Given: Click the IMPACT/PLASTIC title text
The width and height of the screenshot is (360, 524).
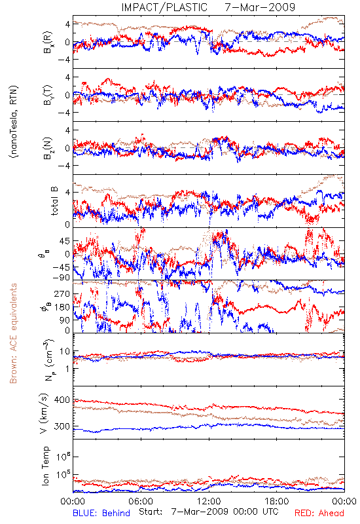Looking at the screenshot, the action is (x=164, y=7).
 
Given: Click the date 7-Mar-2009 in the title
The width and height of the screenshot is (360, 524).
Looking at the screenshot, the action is (x=260, y=7).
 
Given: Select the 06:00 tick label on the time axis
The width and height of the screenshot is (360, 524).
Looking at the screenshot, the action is (x=141, y=501).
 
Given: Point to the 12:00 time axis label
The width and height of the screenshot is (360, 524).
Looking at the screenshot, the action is (x=209, y=501).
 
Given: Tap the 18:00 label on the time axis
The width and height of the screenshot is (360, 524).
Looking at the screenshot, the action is (x=277, y=501).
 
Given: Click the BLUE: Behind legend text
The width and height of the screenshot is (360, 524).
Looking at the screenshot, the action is (x=101, y=513).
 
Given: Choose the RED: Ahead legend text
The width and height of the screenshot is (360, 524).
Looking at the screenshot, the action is (x=319, y=513).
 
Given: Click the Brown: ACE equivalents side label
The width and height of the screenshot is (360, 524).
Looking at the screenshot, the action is (x=13, y=333).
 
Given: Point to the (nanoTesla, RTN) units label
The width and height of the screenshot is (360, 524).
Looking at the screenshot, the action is (x=14, y=122).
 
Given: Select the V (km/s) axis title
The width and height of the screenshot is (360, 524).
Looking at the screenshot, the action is (x=44, y=414).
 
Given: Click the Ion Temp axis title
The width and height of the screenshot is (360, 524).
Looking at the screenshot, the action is (x=45, y=466).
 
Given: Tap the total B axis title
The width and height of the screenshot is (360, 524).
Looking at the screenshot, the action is (x=54, y=201).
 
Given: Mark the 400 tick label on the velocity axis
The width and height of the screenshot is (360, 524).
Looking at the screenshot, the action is (x=62, y=400).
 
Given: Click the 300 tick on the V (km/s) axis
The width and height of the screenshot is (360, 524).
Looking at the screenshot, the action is (x=62, y=426).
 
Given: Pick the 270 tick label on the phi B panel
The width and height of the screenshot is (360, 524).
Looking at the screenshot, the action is (x=62, y=293).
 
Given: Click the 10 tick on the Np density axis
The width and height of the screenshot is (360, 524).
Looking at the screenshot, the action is (x=65, y=351).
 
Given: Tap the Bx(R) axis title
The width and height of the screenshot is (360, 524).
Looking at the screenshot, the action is (x=47, y=42).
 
